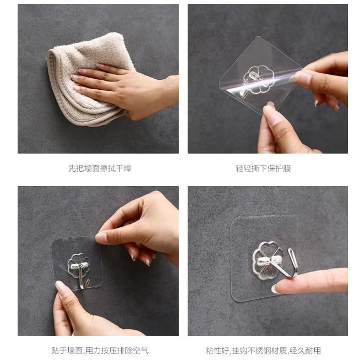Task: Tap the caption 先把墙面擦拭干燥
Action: tap(100, 168)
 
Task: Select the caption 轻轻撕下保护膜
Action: tap(263, 168)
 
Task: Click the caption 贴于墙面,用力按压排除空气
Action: tap(100, 351)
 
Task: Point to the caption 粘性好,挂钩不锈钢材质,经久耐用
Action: tap(263, 351)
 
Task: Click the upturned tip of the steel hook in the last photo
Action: tap(291, 250)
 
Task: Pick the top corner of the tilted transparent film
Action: tap(259, 37)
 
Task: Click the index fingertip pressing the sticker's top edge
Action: tap(100, 238)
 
